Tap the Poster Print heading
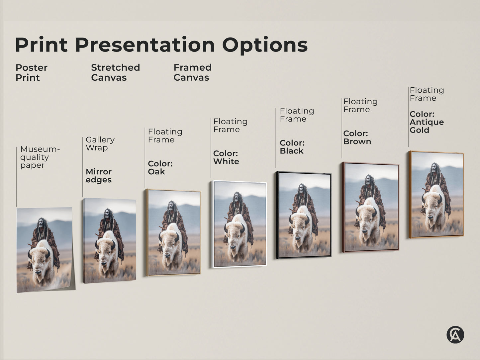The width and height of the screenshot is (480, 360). point(31,72)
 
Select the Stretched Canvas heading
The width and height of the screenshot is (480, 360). point(115,72)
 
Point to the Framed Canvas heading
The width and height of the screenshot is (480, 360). point(192,72)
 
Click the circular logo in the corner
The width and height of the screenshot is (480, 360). point(455,334)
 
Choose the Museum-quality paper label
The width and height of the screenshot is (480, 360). point(40,157)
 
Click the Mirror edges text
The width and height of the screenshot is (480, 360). point(99,176)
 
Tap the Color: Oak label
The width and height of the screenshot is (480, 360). point(160,167)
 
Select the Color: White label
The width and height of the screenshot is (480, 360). point(226,157)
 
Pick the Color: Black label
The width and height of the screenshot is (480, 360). point(292,147)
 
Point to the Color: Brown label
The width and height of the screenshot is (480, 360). point(357,137)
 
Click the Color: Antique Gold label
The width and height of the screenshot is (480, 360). point(427,122)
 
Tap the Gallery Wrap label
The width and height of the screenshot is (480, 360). point(100,143)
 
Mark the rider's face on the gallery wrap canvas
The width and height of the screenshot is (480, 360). point(107,214)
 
